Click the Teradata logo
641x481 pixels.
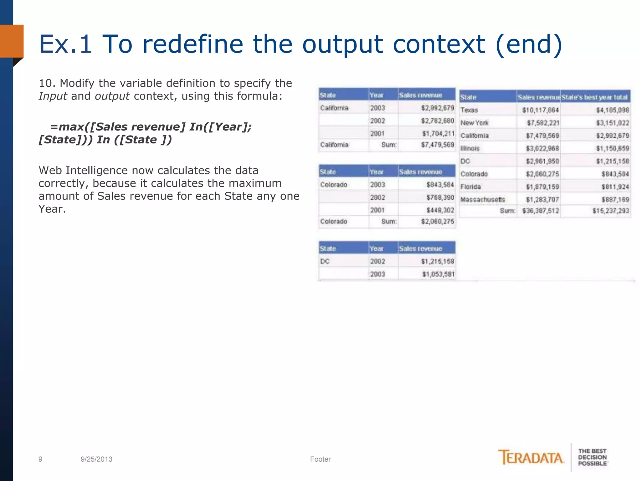531,458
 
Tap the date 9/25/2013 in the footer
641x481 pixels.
96,459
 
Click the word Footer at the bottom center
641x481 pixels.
320,459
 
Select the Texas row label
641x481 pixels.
469,110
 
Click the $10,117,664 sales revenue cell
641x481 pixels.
540,110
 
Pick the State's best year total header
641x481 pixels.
594,97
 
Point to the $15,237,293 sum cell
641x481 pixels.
610,211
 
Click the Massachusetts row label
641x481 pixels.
483,199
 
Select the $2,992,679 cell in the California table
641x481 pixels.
437,108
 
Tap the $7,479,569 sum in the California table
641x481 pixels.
437,145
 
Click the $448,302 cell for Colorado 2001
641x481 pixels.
440,210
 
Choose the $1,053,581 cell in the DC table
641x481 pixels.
438,274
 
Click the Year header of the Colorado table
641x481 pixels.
376,172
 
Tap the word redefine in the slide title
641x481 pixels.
192,44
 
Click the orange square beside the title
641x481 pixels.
12,41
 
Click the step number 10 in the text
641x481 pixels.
45,83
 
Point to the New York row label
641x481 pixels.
474,123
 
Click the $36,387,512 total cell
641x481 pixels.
540,211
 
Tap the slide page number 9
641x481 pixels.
40,459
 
